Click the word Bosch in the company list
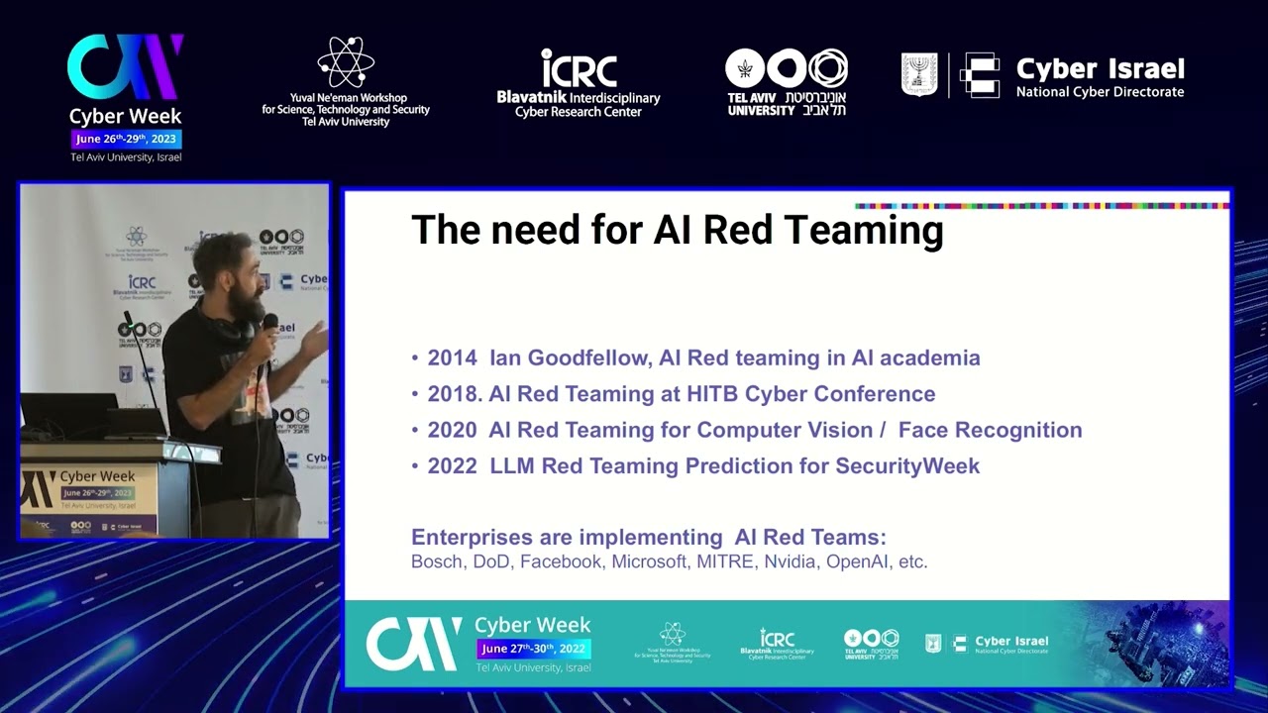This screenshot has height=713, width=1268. pos(437,561)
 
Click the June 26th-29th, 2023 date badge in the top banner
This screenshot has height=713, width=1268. pos(126,139)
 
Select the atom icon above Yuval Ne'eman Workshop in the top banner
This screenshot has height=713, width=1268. pos(346,62)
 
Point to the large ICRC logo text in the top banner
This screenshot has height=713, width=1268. pos(579,68)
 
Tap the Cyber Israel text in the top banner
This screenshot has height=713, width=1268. pos(1100,69)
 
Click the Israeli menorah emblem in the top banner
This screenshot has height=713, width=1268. pos(918,74)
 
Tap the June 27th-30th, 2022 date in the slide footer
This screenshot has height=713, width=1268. pos(533,649)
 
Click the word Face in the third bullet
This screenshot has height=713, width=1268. pos(925,430)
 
